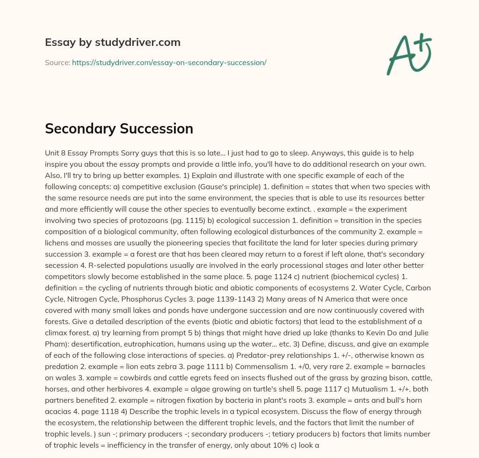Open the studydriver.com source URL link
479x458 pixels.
(x=169, y=62)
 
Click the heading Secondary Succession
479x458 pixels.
(x=119, y=129)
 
